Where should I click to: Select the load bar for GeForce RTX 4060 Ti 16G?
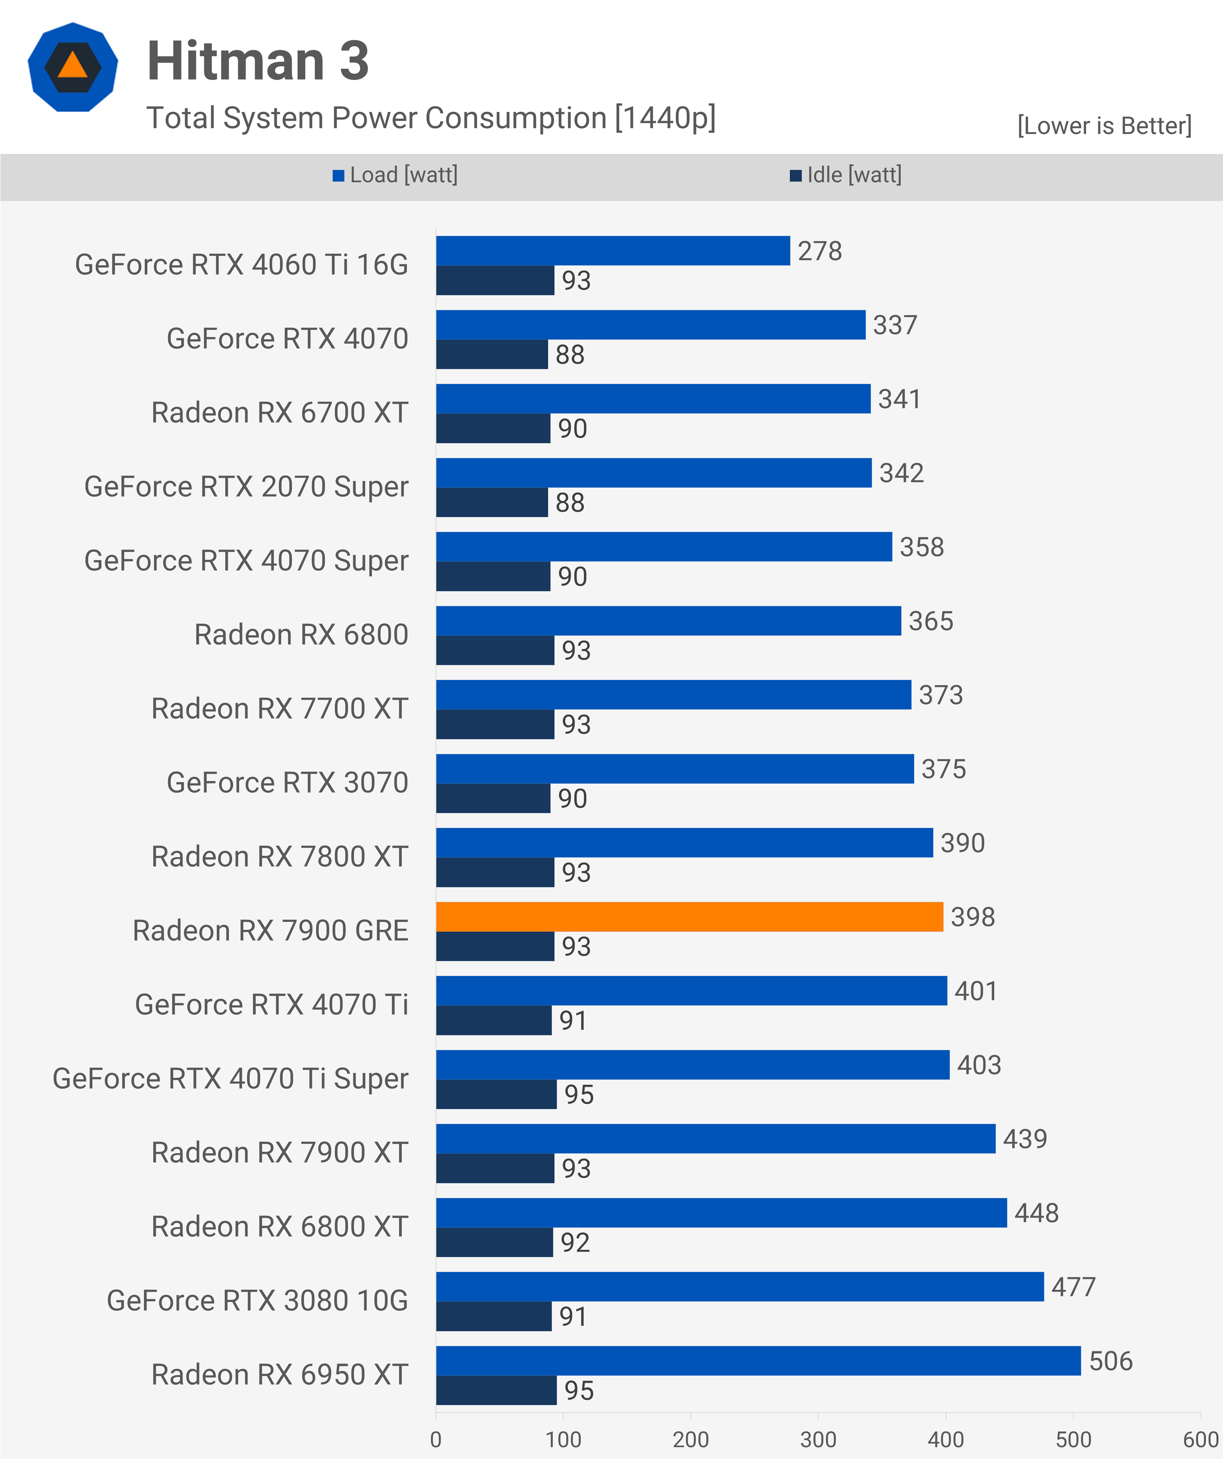click(x=613, y=251)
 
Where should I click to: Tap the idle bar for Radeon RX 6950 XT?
click(x=496, y=1390)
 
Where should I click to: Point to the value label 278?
click(x=819, y=251)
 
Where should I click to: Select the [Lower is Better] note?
click(x=1104, y=126)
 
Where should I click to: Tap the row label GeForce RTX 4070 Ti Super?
click(x=230, y=1078)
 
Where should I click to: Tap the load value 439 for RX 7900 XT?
click(x=1024, y=1139)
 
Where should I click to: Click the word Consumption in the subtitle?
click(x=516, y=118)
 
